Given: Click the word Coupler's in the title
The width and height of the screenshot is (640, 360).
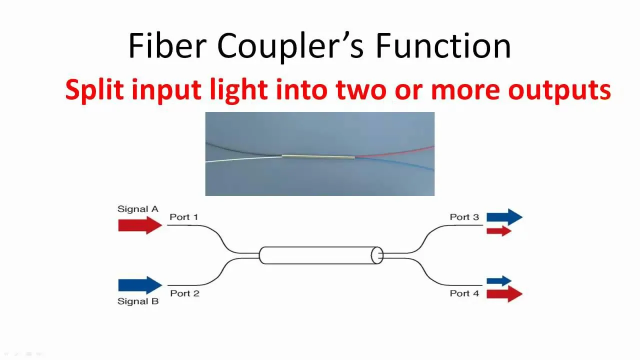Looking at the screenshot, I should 290,46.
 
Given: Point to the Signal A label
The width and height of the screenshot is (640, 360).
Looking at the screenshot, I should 137,209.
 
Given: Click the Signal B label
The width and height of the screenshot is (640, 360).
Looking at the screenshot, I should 137,301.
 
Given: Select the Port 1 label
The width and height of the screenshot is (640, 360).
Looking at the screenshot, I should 183,217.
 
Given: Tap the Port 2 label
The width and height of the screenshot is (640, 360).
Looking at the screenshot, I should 184,293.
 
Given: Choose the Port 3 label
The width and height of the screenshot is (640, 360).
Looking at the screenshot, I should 464,217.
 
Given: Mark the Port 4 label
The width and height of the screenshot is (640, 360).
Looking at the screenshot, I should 464,293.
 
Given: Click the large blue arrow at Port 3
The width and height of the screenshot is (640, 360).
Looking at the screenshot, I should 504,217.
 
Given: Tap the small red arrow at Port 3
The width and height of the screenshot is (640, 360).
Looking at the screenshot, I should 498,230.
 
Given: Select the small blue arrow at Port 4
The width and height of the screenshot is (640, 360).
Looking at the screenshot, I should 498,281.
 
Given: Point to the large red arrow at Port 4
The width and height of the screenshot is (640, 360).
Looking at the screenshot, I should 504,293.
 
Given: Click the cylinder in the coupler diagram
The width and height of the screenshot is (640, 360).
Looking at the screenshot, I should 320,255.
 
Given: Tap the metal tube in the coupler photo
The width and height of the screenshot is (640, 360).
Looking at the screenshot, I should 318,157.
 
